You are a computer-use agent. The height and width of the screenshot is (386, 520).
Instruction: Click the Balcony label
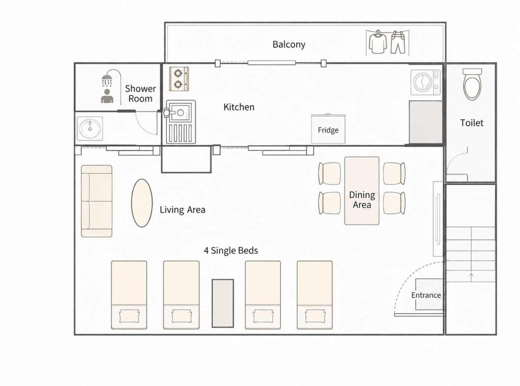click(x=289, y=45)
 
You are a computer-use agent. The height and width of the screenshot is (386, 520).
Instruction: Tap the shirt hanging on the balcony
click(x=377, y=43)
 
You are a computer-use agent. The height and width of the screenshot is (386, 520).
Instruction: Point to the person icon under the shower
click(x=107, y=96)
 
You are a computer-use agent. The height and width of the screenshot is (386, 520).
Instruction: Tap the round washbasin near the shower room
click(x=90, y=129)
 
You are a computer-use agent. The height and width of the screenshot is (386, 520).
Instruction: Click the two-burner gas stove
click(x=179, y=79)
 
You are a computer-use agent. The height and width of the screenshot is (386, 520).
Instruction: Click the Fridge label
click(x=328, y=130)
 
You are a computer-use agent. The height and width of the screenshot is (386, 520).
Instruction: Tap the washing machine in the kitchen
click(x=425, y=82)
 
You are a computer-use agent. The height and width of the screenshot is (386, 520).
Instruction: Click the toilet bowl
click(x=472, y=84)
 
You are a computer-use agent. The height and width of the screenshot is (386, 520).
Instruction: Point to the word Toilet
click(x=471, y=123)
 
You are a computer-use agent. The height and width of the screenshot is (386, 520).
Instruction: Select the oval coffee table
click(x=142, y=203)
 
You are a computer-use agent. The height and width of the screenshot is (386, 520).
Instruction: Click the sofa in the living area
click(x=97, y=201)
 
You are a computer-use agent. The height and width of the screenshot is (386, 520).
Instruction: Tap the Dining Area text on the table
click(x=362, y=200)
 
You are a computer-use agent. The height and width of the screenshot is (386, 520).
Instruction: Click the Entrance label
click(x=426, y=295)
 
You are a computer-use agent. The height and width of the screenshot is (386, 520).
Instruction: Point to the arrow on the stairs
click(x=471, y=277)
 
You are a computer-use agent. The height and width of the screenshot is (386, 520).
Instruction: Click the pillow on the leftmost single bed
click(x=129, y=316)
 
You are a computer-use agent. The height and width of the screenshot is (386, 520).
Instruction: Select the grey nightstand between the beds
click(x=223, y=303)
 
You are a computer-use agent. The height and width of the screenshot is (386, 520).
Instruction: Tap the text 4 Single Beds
click(x=231, y=251)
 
